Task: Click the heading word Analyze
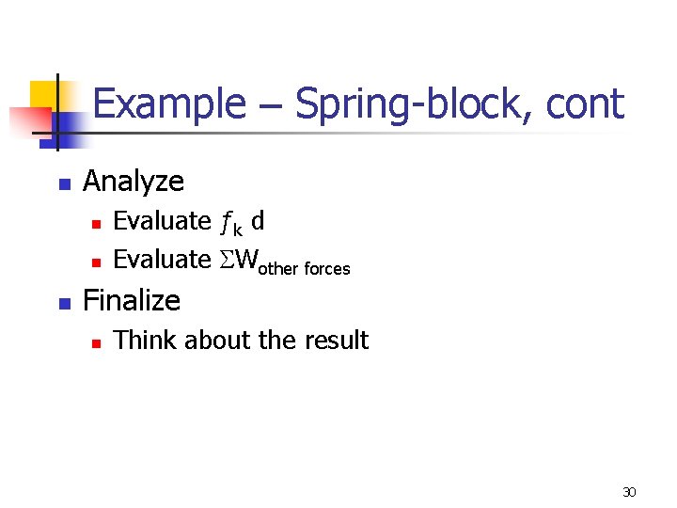coord(134,180)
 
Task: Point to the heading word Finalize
coord(132,300)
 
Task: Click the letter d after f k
coord(258,221)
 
